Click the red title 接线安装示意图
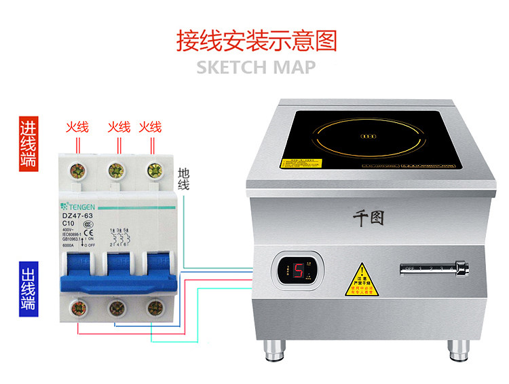[x=257, y=40]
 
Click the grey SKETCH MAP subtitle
[x=256, y=67]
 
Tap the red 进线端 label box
[x=28, y=143]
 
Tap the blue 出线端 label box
[x=28, y=285]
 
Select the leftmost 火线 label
[x=77, y=126]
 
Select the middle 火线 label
[x=119, y=126]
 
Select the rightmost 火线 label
[x=150, y=126]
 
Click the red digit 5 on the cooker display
[x=298, y=272]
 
